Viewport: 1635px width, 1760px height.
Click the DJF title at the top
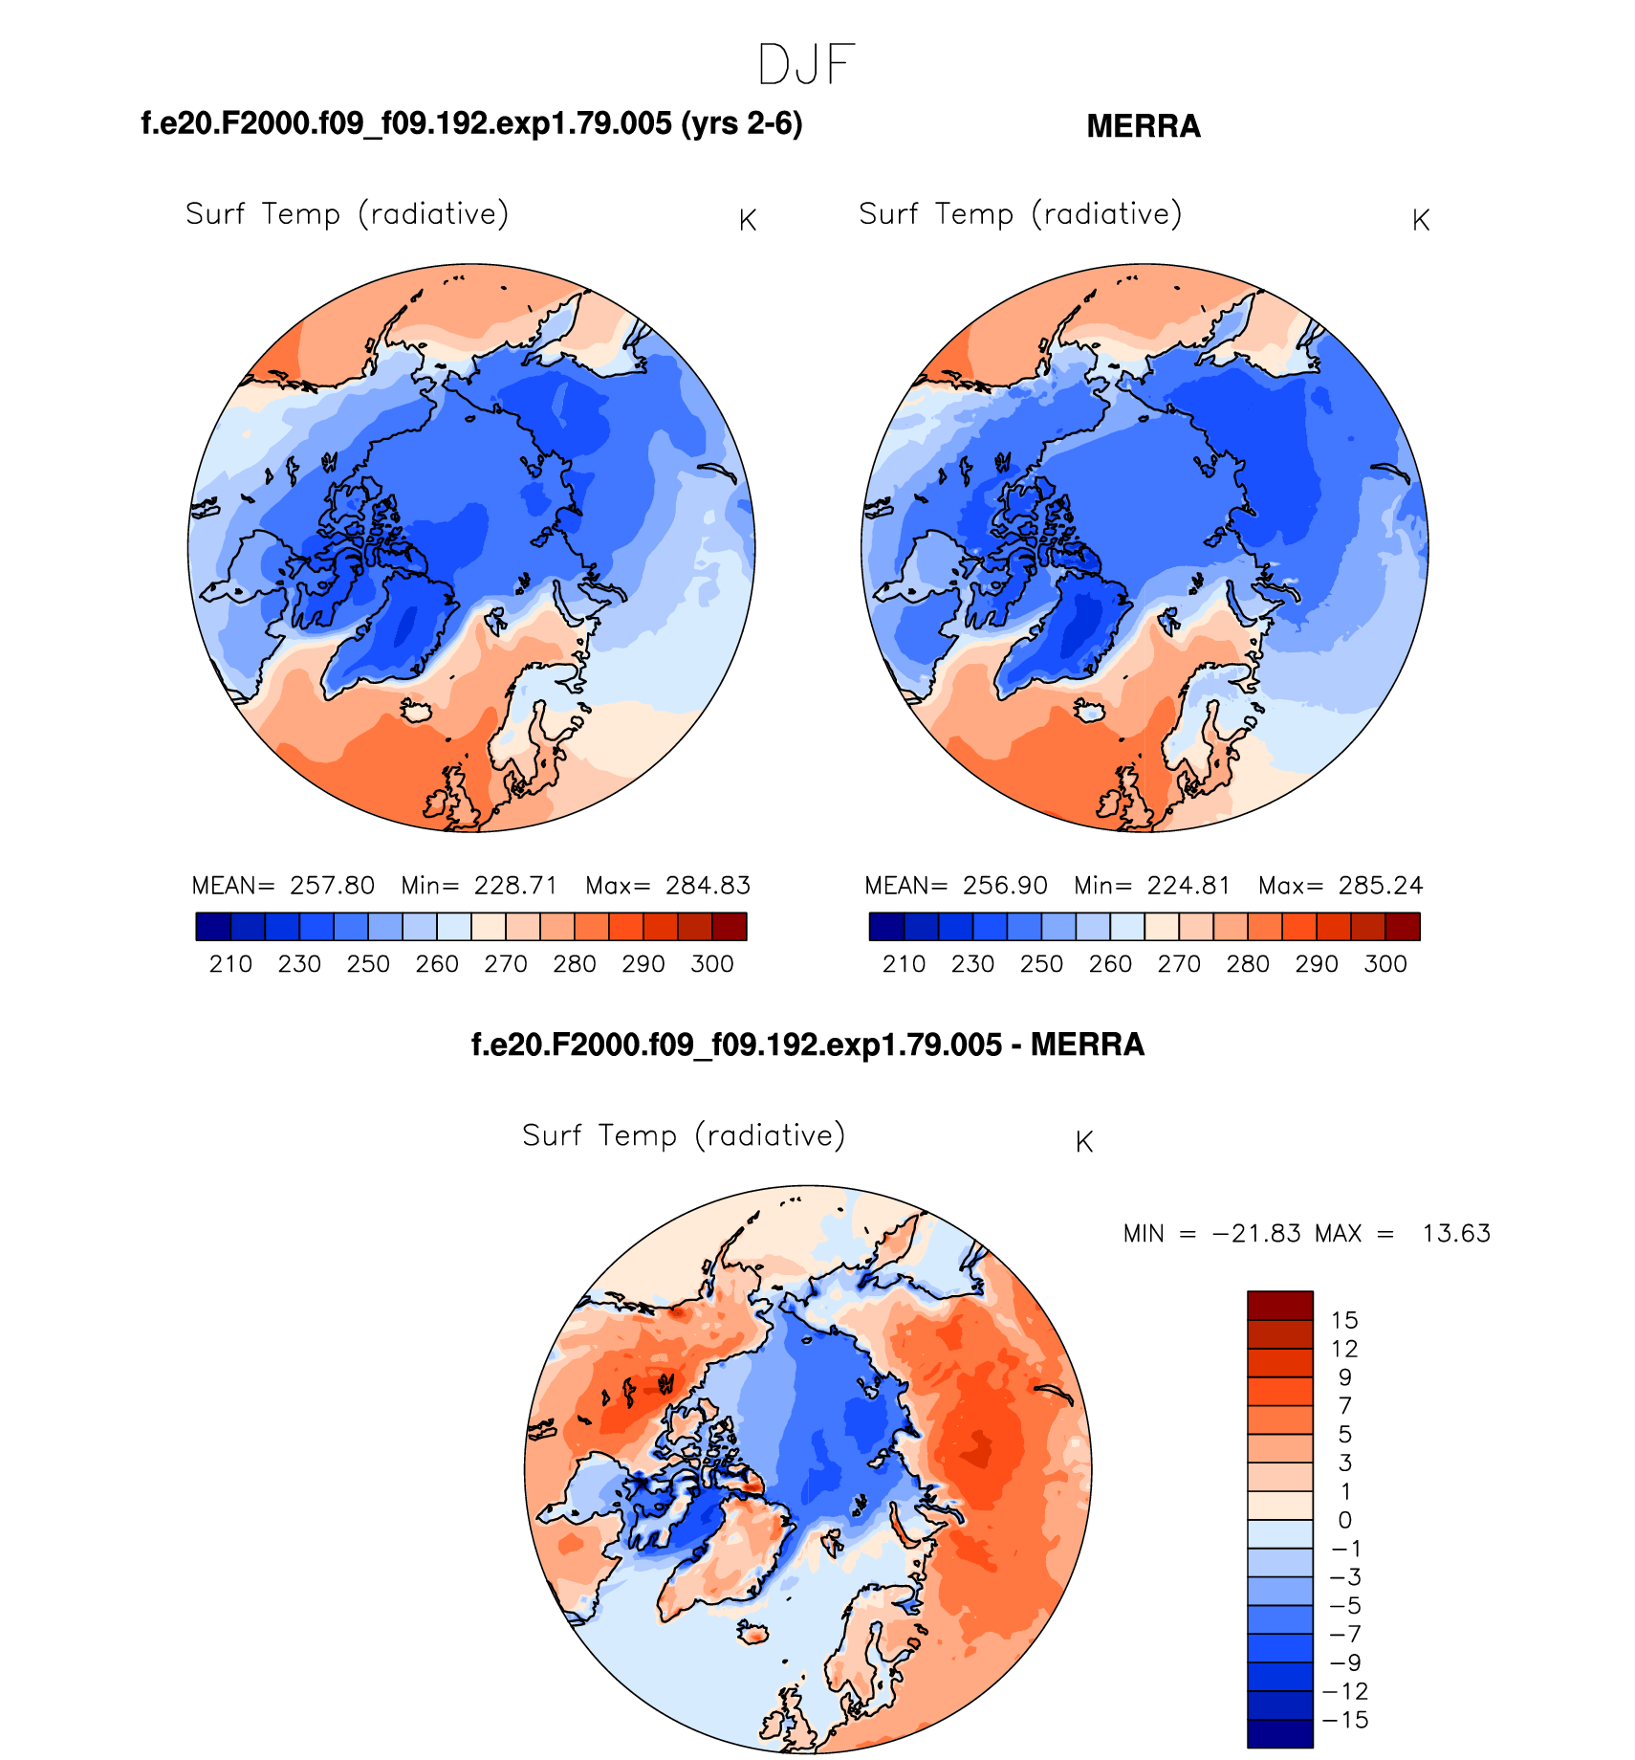point(805,66)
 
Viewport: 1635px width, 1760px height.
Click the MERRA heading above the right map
point(1143,126)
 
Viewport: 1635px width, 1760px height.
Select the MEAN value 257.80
point(332,886)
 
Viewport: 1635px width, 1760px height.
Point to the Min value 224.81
point(1188,886)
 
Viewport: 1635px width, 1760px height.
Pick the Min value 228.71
point(515,886)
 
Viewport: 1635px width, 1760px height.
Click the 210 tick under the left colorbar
point(230,964)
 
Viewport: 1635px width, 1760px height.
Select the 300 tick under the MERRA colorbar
point(1385,964)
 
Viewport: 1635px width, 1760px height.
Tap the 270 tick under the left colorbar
point(506,964)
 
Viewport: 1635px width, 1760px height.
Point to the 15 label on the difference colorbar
point(1344,1321)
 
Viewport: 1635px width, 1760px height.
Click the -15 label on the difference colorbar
point(1345,1720)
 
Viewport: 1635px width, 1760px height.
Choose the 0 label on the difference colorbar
point(1344,1520)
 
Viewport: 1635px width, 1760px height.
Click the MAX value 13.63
point(1456,1234)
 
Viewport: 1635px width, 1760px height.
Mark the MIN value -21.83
point(1256,1234)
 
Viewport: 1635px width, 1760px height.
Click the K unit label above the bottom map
point(1083,1142)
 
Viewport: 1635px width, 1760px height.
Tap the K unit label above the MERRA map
point(1420,221)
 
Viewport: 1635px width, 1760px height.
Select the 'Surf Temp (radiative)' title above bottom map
point(683,1135)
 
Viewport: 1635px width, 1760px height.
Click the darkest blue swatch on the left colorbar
point(213,927)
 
